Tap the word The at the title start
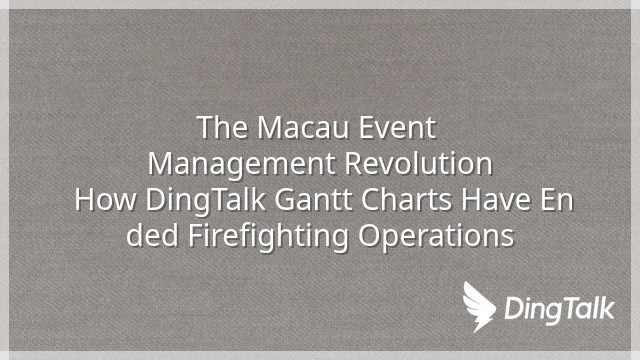click(223, 128)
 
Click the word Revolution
click(418, 164)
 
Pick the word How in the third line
click(106, 200)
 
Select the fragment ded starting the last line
click(152, 236)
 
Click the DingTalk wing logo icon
click(478, 306)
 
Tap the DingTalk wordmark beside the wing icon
click(559, 309)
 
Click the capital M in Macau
click(270, 128)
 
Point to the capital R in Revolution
click(354, 164)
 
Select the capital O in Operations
click(369, 236)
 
